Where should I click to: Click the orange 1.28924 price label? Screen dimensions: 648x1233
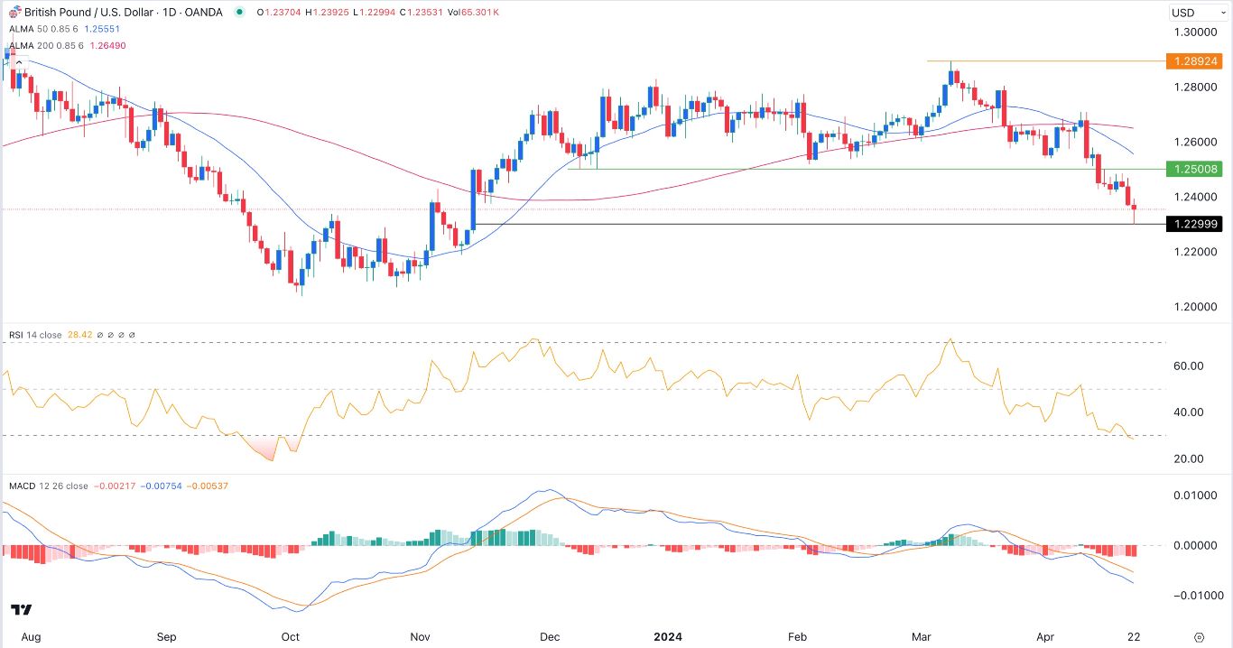(x=1194, y=61)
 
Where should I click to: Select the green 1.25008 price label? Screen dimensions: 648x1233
(x=1194, y=169)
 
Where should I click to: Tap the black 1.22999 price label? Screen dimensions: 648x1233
(x=1194, y=224)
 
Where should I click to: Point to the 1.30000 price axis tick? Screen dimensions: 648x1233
(x=1196, y=32)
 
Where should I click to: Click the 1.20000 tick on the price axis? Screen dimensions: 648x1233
(x=1196, y=307)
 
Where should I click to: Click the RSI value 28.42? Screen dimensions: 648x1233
(x=79, y=335)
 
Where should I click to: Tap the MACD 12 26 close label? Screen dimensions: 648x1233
(x=49, y=486)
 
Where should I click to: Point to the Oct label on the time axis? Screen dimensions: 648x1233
(x=290, y=636)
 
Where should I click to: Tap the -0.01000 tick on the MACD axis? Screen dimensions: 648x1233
(x=1194, y=596)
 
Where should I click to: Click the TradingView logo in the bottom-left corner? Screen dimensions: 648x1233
(x=23, y=609)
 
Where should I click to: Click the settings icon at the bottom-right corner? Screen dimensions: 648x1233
(x=1198, y=636)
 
